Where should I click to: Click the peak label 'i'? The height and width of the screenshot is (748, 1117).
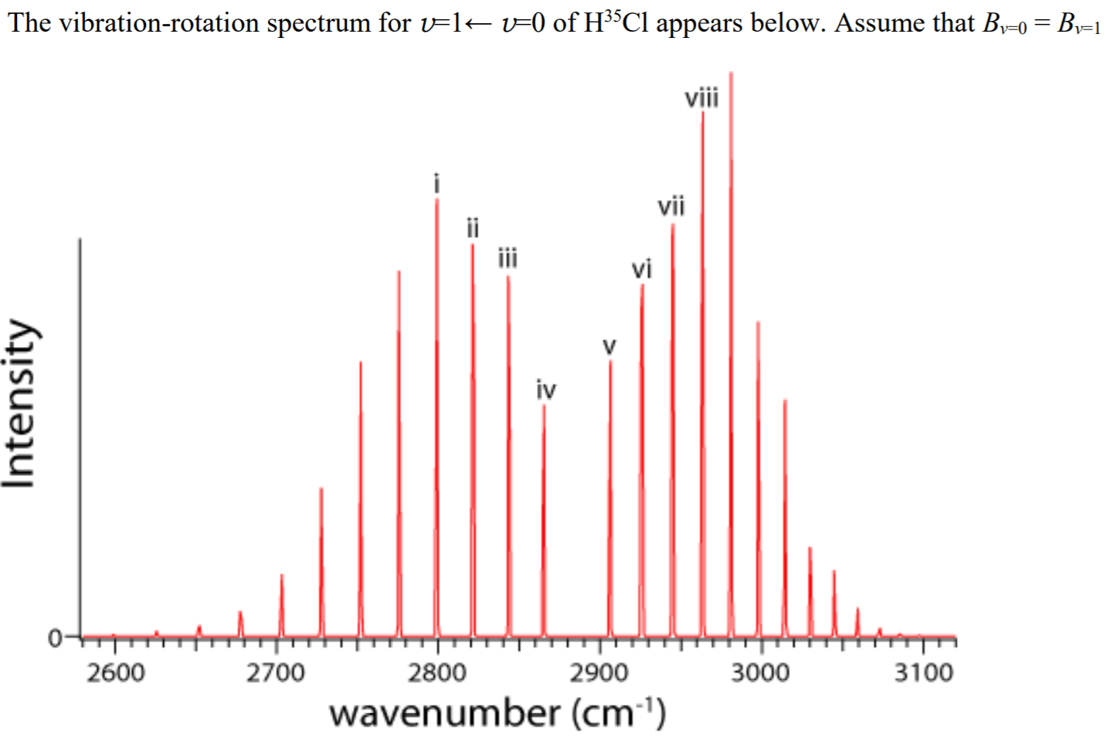pyautogui.click(x=437, y=183)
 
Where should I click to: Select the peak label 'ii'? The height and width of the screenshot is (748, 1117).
pyautogui.click(x=473, y=228)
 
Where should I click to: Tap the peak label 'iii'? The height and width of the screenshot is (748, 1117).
pyautogui.click(x=508, y=257)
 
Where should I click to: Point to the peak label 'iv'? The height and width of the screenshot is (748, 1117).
pyautogui.click(x=546, y=390)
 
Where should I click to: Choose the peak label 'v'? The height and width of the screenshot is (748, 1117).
pyautogui.click(x=609, y=345)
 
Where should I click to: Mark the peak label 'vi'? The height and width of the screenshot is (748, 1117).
pyautogui.click(x=642, y=269)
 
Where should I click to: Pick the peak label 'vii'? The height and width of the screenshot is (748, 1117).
pyautogui.click(x=671, y=206)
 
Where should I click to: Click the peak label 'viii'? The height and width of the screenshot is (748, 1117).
pyautogui.click(x=701, y=98)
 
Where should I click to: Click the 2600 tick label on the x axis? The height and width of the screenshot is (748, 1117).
pyautogui.click(x=115, y=673)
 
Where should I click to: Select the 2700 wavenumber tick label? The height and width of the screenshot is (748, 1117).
pyautogui.click(x=276, y=673)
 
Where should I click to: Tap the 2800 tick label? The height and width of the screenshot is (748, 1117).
pyautogui.click(x=437, y=673)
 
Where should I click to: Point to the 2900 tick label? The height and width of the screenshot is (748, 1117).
pyautogui.click(x=599, y=673)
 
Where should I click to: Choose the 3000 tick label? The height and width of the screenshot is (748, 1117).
pyautogui.click(x=761, y=673)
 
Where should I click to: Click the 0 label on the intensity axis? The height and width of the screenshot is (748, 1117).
pyautogui.click(x=55, y=638)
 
